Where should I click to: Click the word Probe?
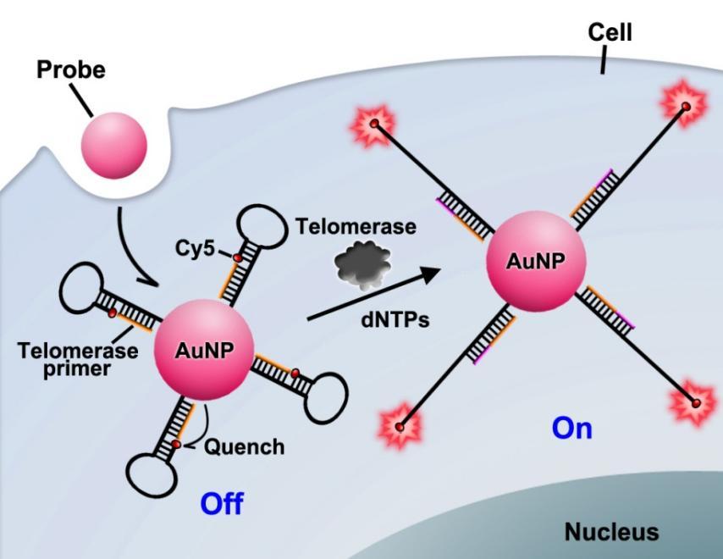click(x=71, y=69)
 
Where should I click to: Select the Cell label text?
click(x=610, y=32)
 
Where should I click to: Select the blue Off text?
click(x=222, y=504)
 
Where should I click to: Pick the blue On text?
click(x=571, y=429)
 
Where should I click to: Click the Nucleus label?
click(x=611, y=532)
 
